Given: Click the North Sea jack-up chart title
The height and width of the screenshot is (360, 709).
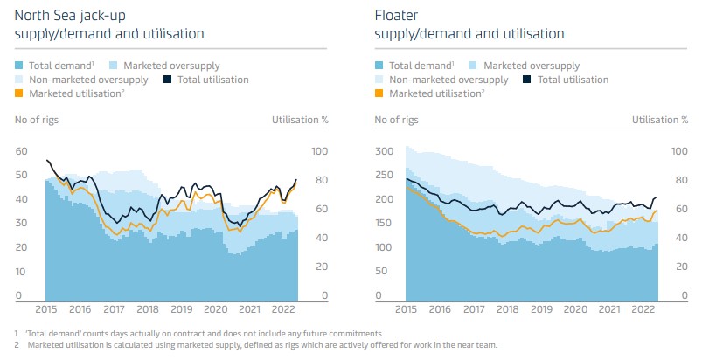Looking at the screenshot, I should (109, 24).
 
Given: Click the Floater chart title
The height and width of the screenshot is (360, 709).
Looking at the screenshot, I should (469, 24).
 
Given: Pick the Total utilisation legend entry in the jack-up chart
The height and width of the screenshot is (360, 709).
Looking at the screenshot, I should (215, 80).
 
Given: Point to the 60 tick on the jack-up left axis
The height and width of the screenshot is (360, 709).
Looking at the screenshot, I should (22, 152).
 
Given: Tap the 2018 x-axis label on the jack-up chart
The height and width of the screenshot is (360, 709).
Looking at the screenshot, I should (147, 309).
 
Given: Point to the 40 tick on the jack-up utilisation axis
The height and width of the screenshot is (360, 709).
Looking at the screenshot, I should (321, 238).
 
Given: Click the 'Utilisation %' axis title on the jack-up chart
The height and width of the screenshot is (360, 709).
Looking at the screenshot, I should (300, 120).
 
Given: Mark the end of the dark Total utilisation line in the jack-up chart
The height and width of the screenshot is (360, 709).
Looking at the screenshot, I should (296, 180).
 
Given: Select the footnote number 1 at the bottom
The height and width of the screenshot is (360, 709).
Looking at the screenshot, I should (17, 334).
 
